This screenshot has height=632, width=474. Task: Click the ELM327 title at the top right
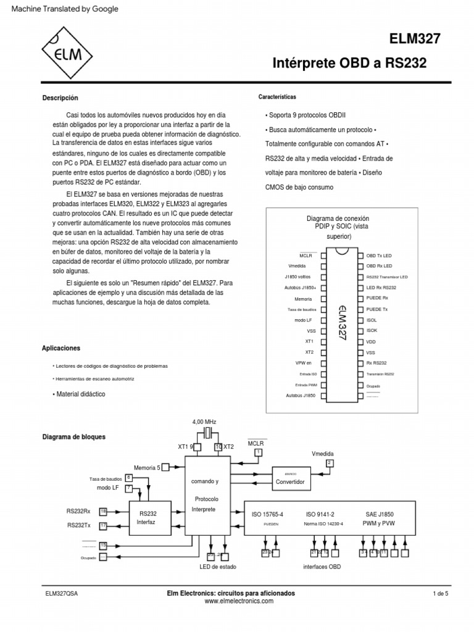(415, 39)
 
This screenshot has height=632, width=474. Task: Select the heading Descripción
(60, 98)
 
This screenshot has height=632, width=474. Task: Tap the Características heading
(276, 97)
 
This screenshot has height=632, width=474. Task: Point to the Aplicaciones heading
(61, 348)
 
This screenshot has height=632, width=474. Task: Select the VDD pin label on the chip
(370, 341)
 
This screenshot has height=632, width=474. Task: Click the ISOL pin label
(371, 320)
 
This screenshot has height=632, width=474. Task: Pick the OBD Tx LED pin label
(379, 255)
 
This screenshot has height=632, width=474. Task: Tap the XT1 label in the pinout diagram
(309, 341)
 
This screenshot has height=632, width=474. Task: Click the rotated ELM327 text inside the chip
(341, 322)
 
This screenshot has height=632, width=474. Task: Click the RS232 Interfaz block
(148, 517)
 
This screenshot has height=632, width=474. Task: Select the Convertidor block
(290, 478)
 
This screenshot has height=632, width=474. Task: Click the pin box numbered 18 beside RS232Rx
(103, 511)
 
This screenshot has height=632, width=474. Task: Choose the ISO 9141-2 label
(320, 513)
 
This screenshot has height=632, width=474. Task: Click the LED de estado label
(217, 567)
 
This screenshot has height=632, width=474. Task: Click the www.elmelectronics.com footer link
(231, 601)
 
